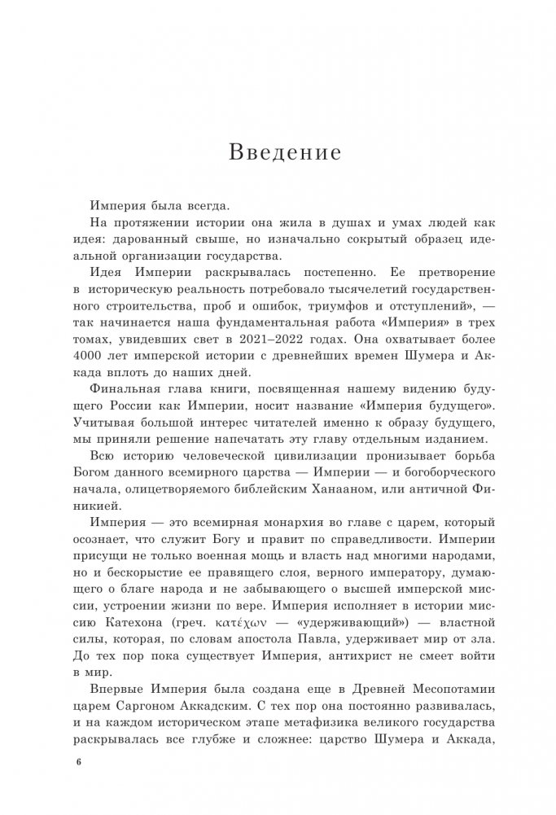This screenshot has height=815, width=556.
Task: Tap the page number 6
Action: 79,762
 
